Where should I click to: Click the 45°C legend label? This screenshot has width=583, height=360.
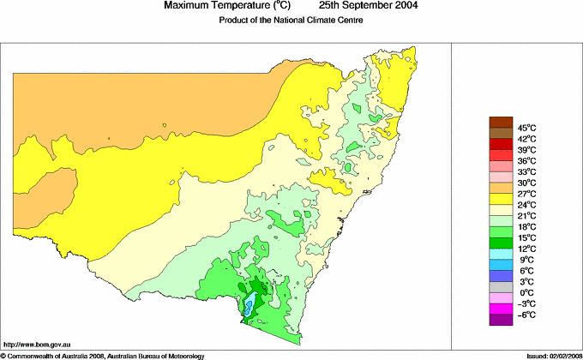point(526,128)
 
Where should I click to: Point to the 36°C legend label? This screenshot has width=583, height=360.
point(526,161)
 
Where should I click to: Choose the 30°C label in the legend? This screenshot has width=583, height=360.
point(526,183)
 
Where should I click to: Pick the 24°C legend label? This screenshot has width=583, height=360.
point(526,206)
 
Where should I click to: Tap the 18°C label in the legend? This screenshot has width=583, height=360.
point(526,227)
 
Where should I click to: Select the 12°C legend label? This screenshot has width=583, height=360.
point(526,249)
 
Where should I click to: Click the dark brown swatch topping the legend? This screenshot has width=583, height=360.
point(501,122)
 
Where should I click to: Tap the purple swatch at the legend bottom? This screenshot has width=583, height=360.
point(501,321)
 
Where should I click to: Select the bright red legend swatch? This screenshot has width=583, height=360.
point(501,144)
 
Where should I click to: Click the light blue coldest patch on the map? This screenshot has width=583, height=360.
point(248,305)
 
